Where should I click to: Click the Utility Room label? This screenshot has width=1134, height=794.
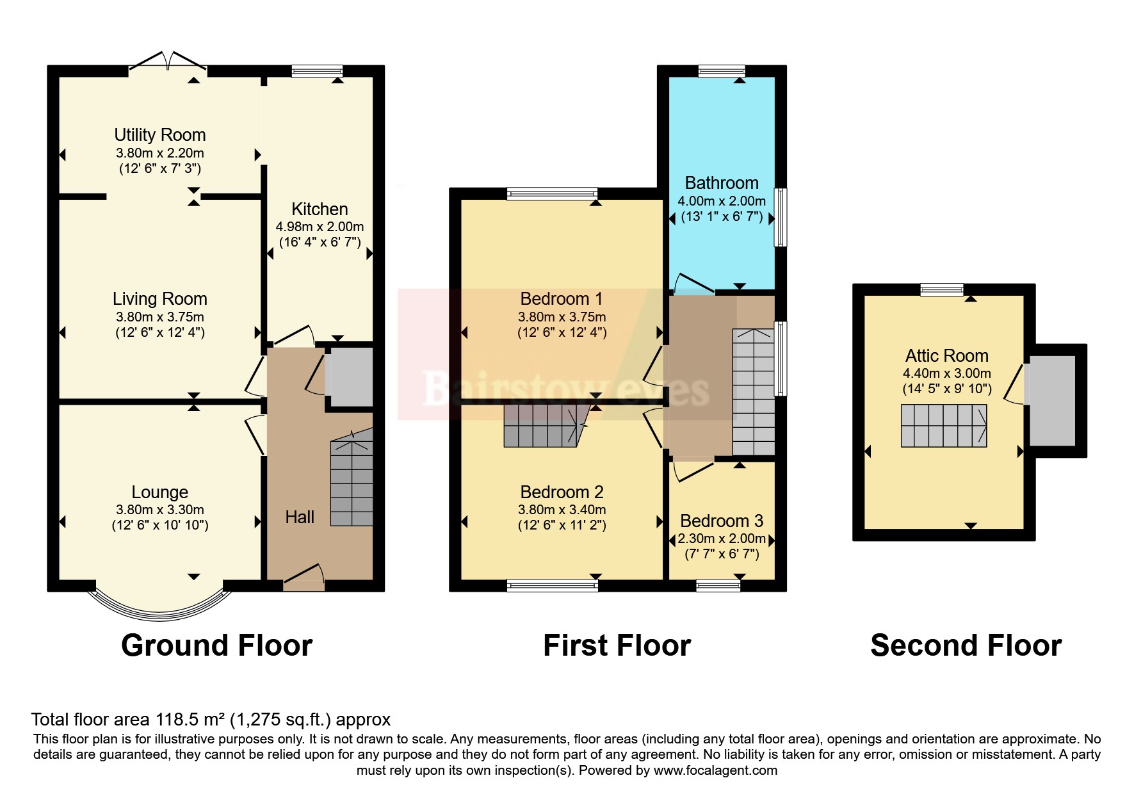coord(159,135)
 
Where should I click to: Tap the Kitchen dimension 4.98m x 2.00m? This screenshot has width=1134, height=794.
coord(320,227)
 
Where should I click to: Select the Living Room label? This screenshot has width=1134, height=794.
coord(159,299)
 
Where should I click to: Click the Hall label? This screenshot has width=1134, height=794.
coord(300,517)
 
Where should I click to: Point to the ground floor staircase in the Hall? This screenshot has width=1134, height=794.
coord(352,483)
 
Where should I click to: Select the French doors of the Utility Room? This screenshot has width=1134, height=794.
coord(168,61)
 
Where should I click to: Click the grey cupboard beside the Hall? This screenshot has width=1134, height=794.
coord(349,377)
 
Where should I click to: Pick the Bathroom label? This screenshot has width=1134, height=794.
coord(722,183)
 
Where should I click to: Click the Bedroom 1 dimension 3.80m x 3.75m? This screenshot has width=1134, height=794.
coord(562,317)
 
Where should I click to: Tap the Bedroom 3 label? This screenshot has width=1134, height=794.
coord(722,521)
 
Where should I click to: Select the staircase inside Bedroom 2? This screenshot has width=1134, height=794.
coord(546,425)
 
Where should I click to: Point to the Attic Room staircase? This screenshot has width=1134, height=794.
coord(944,426)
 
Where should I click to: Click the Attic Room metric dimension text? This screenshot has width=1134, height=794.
coord(946,373)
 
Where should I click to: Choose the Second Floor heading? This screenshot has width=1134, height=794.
coord(966,645)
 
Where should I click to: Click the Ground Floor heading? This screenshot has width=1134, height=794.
coord(216,645)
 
